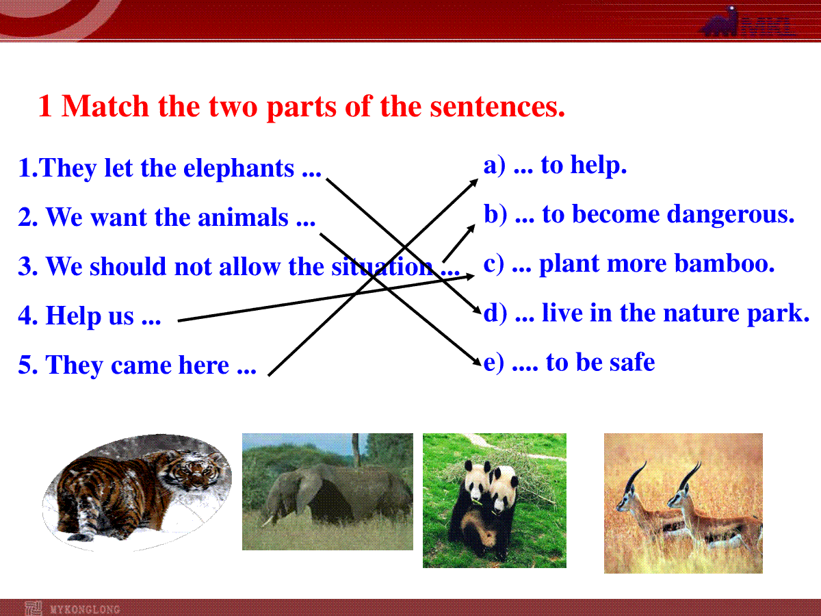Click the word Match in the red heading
click(x=105, y=106)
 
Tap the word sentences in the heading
click(x=497, y=107)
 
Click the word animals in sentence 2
click(x=243, y=217)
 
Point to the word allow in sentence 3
click(x=250, y=266)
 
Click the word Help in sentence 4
click(x=73, y=316)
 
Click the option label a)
click(x=495, y=166)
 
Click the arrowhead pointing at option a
click(x=474, y=182)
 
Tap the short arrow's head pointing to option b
click(x=471, y=228)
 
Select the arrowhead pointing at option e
click(x=477, y=361)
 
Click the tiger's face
click(x=191, y=472)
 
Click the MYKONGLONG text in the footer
click(x=86, y=609)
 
